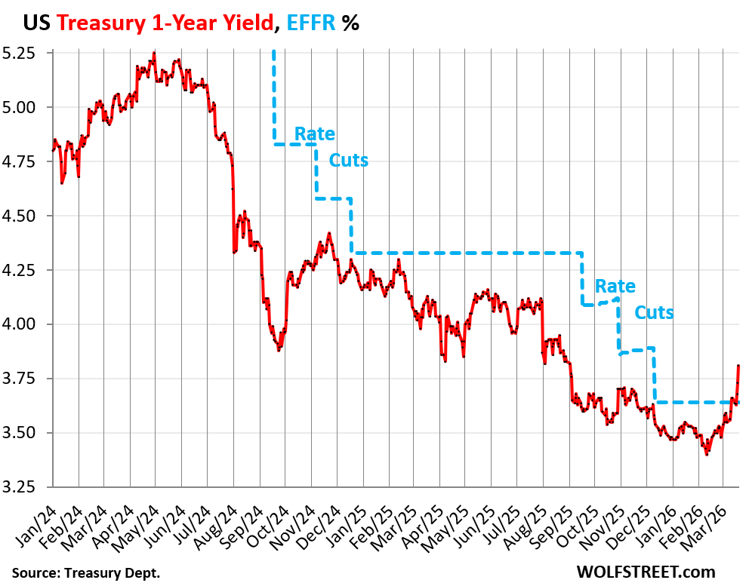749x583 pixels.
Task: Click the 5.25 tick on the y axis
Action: coord(28,54)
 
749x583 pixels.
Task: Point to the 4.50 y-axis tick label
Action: coord(28,216)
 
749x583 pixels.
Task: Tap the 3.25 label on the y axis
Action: coord(28,487)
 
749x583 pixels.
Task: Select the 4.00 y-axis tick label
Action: coord(28,324)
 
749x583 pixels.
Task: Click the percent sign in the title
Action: coord(350,23)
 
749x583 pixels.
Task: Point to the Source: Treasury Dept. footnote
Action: coord(85,572)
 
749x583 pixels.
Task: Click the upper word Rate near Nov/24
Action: coord(315,134)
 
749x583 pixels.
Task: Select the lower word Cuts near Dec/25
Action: coord(654,312)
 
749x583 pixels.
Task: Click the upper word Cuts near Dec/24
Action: coord(348,160)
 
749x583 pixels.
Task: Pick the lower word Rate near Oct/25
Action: coord(615,287)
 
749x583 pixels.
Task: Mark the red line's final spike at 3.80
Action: coord(738,367)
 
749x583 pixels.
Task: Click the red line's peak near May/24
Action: coord(154,53)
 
